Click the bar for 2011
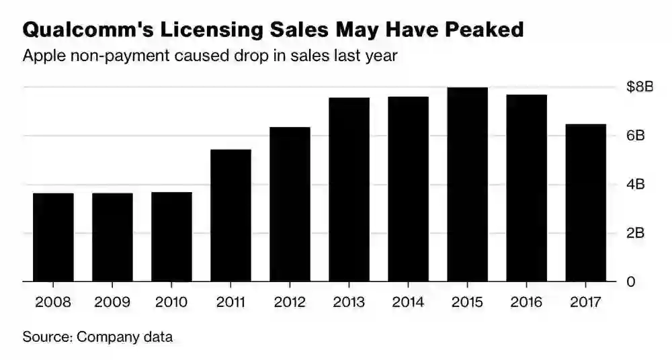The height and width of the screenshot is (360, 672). [x=230, y=215]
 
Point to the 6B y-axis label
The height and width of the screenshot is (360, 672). [x=636, y=136]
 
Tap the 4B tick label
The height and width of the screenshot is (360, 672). [x=636, y=185]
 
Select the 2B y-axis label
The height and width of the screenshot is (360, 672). [x=636, y=233]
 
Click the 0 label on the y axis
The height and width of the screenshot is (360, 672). [x=630, y=282]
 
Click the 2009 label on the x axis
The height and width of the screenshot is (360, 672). [x=112, y=302]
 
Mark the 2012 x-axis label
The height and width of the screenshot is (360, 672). [x=290, y=302]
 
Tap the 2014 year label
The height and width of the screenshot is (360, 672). [x=408, y=302]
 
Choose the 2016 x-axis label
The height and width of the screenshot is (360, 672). [x=526, y=302]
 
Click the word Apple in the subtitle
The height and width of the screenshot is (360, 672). [x=42, y=56]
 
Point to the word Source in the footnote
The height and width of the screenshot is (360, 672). [x=46, y=336]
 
